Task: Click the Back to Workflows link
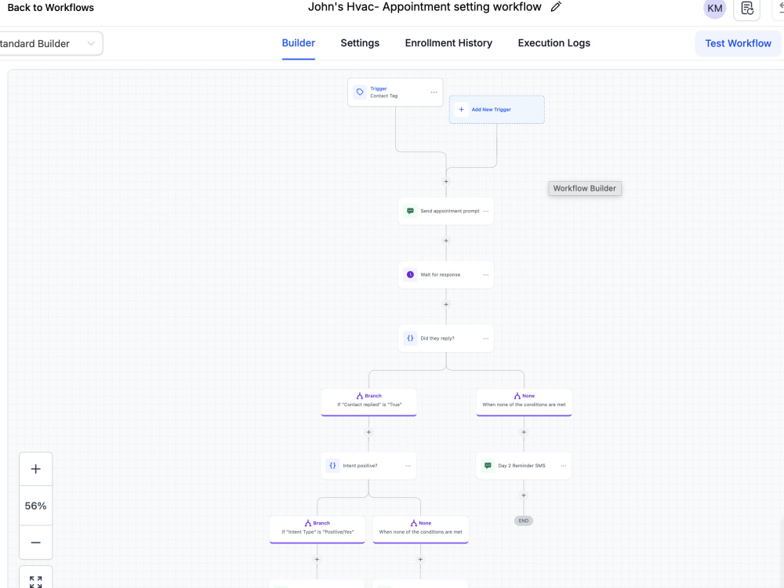(50, 8)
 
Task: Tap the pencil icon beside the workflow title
(556, 7)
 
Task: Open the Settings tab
(360, 43)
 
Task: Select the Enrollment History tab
(448, 43)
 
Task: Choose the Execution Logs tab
(554, 43)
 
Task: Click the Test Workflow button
(738, 43)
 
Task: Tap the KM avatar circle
(714, 8)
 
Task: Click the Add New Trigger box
(496, 110)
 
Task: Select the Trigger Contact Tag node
(395, 92)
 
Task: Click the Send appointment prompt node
(446, 211)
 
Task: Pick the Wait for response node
(446, 274)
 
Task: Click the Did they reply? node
(446, 339)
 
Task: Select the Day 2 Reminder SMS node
(524, 466)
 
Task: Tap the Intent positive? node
(368, 466)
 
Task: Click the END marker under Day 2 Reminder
(524, 521)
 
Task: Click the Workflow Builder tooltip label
(585, 188)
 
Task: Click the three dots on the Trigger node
(434, 92)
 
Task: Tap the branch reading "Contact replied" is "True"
(369, 402)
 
